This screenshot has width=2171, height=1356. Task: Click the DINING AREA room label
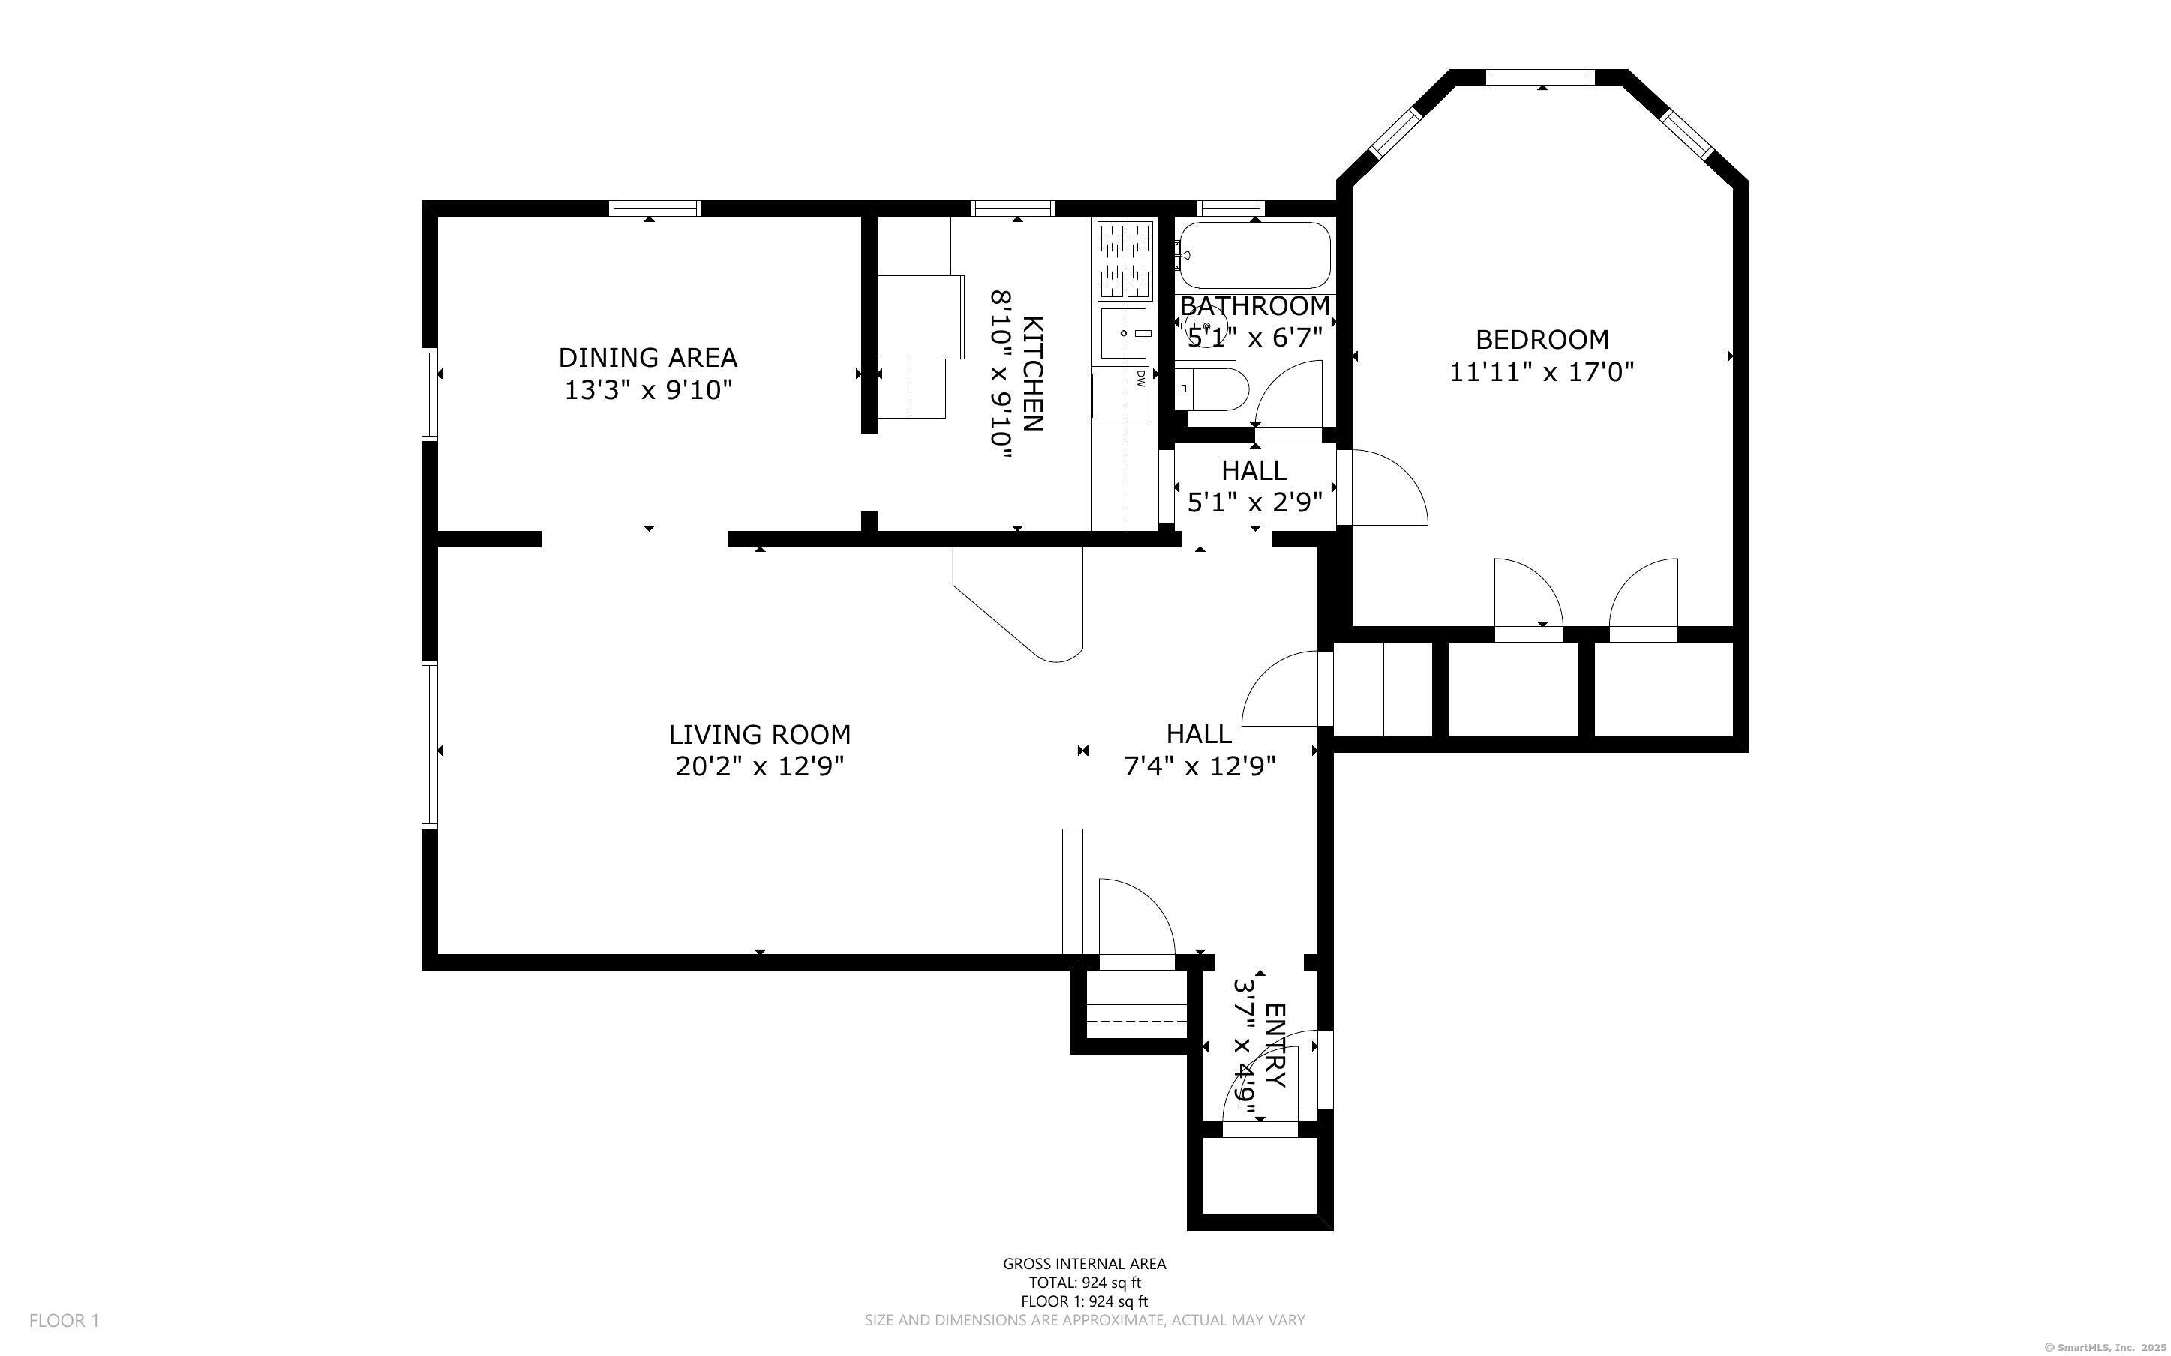click(647, 358)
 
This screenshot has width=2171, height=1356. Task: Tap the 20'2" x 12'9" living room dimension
click(759, 766)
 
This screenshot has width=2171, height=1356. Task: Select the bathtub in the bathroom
click(1254, 255)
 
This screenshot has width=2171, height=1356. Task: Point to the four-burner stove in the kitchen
click(1125, 260)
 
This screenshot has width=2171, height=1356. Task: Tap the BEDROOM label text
click(1542, 340)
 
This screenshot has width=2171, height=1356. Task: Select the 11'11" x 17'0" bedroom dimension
click(1542, 371)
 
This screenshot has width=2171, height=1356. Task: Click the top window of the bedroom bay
click(1541, 77)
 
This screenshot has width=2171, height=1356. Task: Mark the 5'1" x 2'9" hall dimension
click(1254, 503)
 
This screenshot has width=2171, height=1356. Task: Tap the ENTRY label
click(1275, 1044)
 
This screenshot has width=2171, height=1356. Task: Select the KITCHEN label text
click(1032, 373)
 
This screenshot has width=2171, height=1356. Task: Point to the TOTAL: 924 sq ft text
click(1084, 1282)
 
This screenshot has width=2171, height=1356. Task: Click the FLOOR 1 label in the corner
click(64, 1320)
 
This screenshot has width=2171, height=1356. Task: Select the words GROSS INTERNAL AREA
click(1084, 1264)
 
